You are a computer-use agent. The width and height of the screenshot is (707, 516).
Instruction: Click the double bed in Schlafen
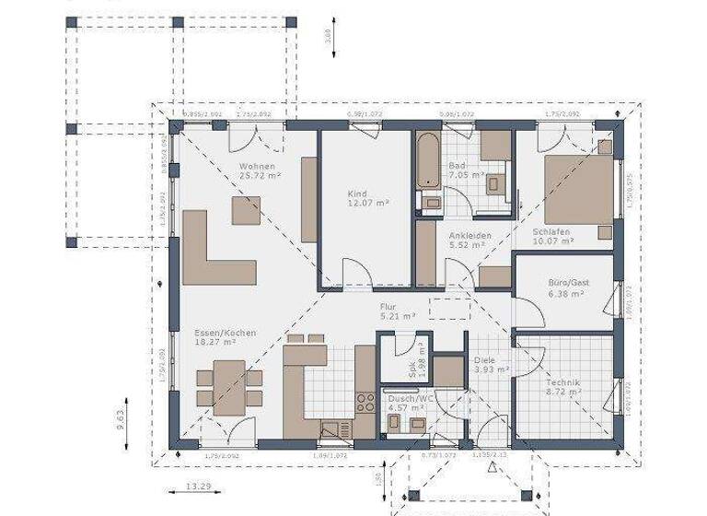577,190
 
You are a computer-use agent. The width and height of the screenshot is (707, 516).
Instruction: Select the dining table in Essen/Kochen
229,385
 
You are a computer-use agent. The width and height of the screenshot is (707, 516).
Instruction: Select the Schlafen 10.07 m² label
552,236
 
